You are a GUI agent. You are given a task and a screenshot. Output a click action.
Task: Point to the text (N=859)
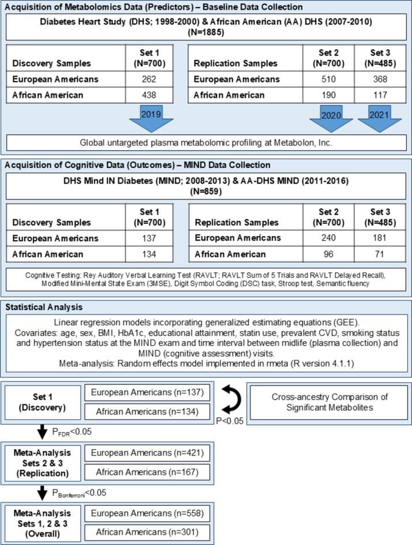click(x=205, y=192)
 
